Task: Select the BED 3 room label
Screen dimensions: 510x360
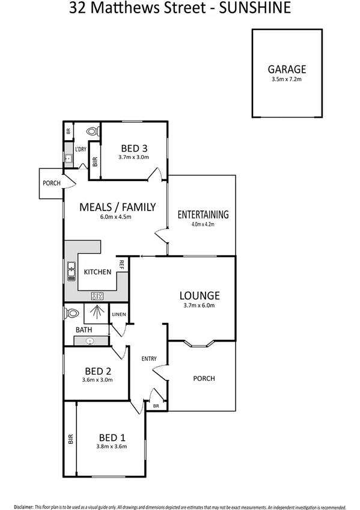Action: (134, 148)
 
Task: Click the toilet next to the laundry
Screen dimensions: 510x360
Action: (92, 131)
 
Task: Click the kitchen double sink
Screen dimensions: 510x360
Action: (72, 272)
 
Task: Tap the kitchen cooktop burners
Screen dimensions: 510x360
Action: (97, 295)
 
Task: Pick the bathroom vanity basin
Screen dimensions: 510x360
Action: (91, 341)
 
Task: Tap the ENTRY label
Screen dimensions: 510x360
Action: (149, 359)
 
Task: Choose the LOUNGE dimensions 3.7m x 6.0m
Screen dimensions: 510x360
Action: (200, 306)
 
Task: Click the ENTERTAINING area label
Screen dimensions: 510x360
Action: (203, 214)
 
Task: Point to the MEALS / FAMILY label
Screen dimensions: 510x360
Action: (118, 207)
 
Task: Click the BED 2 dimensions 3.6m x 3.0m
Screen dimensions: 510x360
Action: (97, 379)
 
